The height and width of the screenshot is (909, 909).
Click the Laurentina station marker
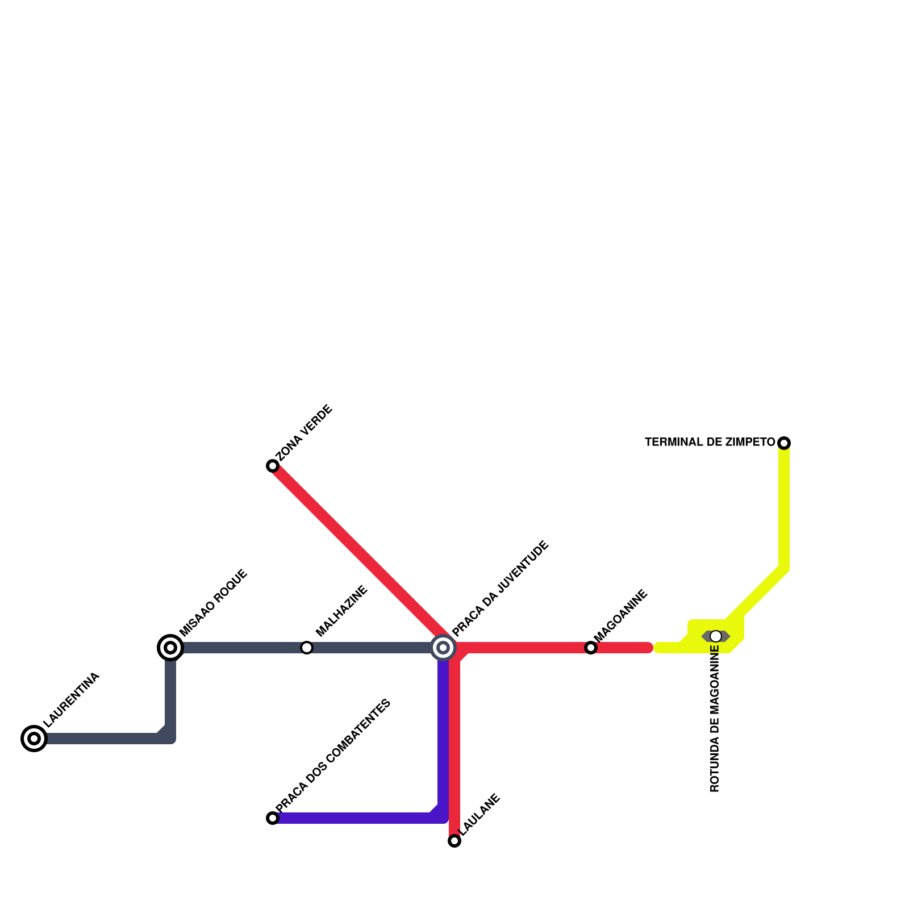pyautogui.click(x=34, y=739)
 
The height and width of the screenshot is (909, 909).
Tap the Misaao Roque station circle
pyautogui.click(x=170, y=648)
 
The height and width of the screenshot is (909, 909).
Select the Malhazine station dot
pyautogui.click(x=307, y=648)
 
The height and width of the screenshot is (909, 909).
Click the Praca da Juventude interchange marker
pyautogui.click(x=443, y=648)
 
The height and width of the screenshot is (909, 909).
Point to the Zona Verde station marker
pyautogui.click(x=273, y=466)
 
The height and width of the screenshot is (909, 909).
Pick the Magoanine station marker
pyautogui.click(x=591, y=648)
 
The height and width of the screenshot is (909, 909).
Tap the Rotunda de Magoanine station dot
pyautogui.click(x=716, y=636)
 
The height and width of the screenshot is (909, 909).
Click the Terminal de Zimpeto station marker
pyautogui.click(x=784, y=443)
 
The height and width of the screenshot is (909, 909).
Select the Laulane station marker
pyautogui.click(x=454, y=841)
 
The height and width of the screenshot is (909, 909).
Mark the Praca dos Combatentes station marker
pyautogui.click(x=273, y=818)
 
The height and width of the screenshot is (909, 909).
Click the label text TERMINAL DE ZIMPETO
pyautogui.click(x=710, y=442)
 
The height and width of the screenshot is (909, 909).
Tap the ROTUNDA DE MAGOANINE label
pyautogui.click(x=715, y=719)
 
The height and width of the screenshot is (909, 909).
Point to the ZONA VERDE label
pyautogui.click(x=305, y=433)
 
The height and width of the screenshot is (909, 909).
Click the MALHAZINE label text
pyautogui.click(x=342, y=611)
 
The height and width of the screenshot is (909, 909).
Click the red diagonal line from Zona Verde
pyautogui.click(x=358, y=551)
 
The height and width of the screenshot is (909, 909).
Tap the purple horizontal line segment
pyautogui.click(x=352, y=818)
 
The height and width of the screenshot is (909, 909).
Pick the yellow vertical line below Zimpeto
pyautogui.click(x=784, y=506)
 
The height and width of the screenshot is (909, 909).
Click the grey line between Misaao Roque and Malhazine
pyautogui.click(x=239, y=648)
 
